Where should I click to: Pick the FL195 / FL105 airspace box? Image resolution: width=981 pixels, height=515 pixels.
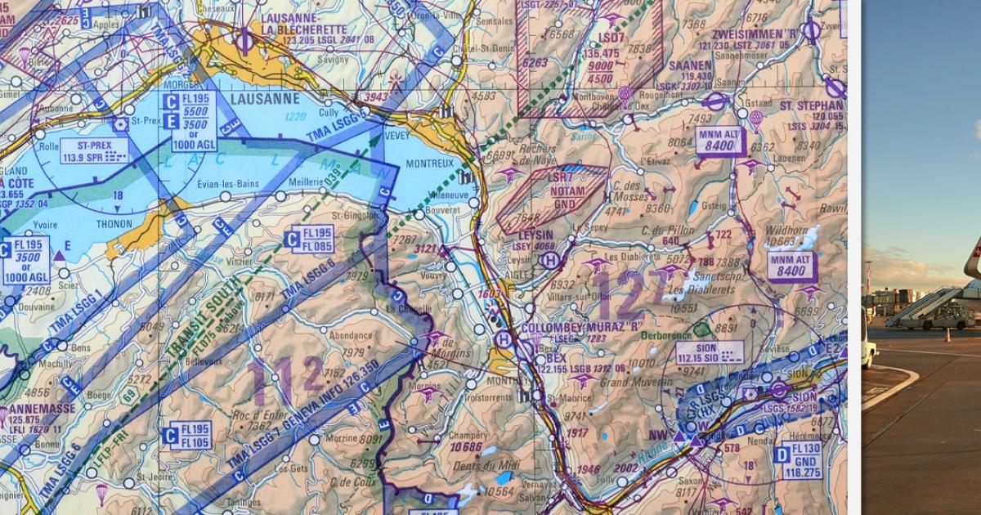pos(186,436)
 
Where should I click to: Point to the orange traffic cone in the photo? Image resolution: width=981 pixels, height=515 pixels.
pos(947,335)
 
